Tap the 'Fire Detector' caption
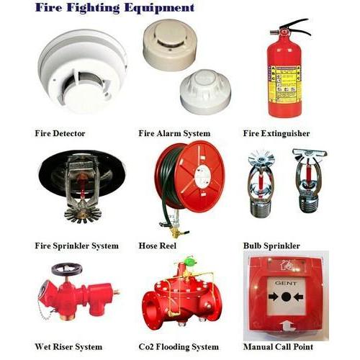click(60, 134)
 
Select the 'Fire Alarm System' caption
click(174, 134)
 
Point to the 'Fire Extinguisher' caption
click(276, 134)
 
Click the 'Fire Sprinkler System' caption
click(76, 246)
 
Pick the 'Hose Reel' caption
click(158, 246)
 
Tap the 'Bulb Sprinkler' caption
click(271, 246)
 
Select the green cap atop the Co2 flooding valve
click(189, 261)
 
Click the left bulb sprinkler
click(261, 184)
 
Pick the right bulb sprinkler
click(308, 184)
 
